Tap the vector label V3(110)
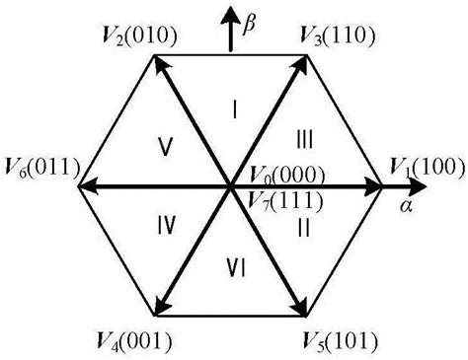336,37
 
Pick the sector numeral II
303,228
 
